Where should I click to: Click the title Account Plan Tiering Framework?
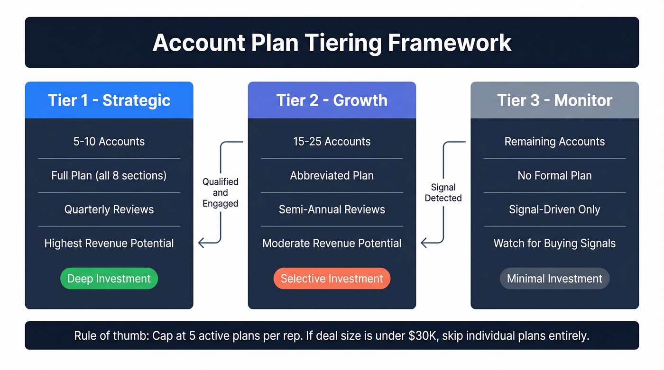[332, 43]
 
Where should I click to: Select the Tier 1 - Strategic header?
[109, 100]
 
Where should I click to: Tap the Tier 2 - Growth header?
[332, 100]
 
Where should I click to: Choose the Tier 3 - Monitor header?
[554, 100]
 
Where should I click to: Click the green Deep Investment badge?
[109, 279]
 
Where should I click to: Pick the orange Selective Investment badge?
[332, 279]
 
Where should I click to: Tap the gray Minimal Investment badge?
[554, 279]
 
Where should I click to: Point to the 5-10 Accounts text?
[109, 142]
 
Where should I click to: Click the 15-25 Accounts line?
[332, 142]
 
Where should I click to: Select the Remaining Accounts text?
[554, 142]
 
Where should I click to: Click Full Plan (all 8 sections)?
[109, 176]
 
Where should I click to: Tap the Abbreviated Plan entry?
[332, 176]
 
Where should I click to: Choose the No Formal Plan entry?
[554, 176]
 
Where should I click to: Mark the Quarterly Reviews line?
[109, 209]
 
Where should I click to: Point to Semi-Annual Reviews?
[332, 209]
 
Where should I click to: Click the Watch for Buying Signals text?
[554, 244]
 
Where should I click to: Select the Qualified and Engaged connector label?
[221, 193]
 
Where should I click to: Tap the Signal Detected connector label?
[443, 193]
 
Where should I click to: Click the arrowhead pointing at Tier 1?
[201, 243]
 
